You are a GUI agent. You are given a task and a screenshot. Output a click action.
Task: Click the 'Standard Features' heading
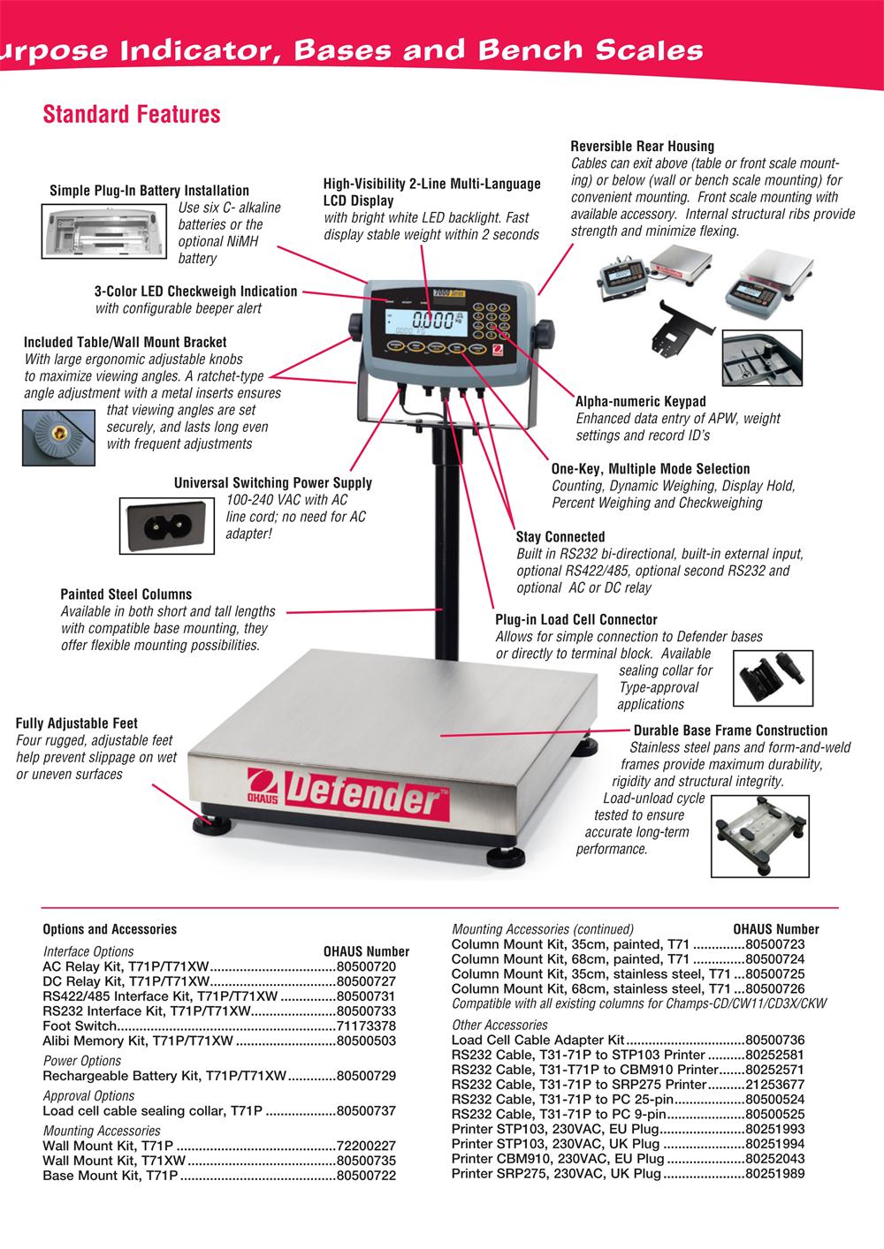coord(132,114)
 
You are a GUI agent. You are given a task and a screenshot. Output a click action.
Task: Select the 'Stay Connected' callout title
coord(560,537)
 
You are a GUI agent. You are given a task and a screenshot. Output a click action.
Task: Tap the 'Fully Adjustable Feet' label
coord(77,723)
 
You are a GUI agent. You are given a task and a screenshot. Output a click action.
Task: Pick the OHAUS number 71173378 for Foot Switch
coord(366,1026)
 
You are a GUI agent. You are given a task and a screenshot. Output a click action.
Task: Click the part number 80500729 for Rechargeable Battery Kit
coord(366,1076)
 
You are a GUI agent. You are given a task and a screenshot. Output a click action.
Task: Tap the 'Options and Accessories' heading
coord(110,929)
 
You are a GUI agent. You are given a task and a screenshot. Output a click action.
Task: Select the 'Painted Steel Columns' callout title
coord(126,594)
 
